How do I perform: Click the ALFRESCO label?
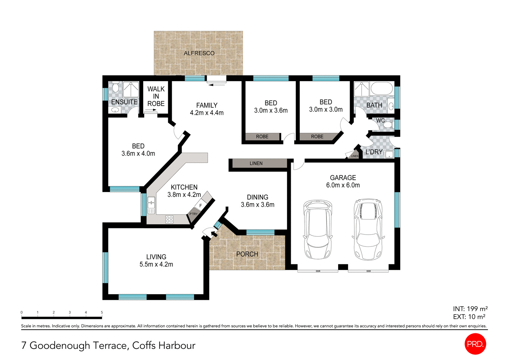(199, 53)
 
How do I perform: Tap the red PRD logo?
(475, 344)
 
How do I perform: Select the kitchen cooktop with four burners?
(169, 219)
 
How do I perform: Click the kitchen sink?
(151, 205)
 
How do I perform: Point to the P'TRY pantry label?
(193, 214)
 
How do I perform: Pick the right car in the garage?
(368, 229)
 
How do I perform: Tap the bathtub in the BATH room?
(382, 89)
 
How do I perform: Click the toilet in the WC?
(387, 125)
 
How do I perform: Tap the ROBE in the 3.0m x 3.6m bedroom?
(262, 136)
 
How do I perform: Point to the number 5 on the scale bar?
(102, 312)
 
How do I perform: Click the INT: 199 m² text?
(470, 309)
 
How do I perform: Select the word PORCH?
(247, 254)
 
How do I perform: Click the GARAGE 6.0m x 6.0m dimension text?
(343, 185)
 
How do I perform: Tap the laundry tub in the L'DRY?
(389, 155)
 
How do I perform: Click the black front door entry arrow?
(213, 235)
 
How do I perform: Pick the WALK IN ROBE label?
(156, 96)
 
